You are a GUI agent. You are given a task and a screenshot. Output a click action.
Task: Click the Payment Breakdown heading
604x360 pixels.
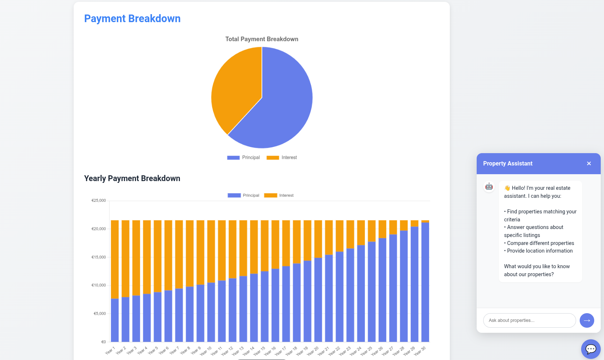pos(132,19)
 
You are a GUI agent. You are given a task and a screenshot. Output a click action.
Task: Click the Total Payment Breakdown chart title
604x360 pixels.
pos(262,39)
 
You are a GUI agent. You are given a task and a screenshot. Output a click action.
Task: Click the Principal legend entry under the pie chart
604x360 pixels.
pos(244,157)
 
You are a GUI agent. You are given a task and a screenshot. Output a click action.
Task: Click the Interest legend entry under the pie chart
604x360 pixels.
pos(282,157)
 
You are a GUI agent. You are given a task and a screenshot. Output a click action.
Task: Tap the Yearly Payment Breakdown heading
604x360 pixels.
pos(132,178)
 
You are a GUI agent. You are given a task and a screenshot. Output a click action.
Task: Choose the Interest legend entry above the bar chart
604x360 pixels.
pos(279,195)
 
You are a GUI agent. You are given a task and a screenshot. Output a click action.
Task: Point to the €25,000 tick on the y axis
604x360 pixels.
pos(98,200)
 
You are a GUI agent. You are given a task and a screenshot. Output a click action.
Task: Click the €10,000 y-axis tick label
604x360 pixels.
pos(98,285)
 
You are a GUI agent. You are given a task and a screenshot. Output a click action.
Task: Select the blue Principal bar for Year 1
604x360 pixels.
pos(115,319)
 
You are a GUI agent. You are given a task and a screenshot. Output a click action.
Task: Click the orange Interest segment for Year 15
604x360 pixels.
pos(265,246)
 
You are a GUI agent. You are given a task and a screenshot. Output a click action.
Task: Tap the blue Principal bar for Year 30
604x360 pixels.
pos(425,283)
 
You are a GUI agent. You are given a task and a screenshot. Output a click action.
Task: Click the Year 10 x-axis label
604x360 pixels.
pos(206,351)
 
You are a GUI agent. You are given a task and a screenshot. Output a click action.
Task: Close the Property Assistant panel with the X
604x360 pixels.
pos(589,164)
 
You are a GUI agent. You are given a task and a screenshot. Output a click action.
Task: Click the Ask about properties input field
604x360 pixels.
pos(529,320)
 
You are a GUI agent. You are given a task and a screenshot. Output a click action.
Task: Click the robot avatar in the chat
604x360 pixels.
pos(489,187)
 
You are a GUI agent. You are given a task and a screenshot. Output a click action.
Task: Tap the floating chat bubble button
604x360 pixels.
pos(591,349)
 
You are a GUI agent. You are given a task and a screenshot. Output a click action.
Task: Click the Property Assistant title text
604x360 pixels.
pos(508,164)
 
